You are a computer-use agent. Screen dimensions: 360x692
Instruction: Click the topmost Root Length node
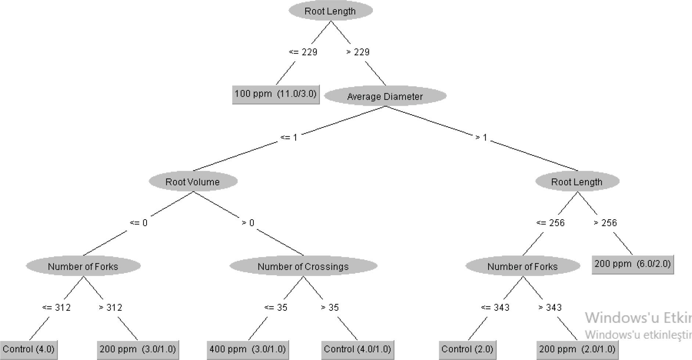(x=331, y=11)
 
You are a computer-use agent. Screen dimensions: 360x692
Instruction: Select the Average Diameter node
(x=385, y=96)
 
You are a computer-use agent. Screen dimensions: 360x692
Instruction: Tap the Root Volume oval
(x=193, y=181)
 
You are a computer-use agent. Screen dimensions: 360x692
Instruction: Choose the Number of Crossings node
(x=303, y=266)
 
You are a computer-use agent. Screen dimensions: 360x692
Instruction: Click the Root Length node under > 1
(x=577, y=181)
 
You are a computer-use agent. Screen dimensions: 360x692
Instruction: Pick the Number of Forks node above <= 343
(x=523, y=266)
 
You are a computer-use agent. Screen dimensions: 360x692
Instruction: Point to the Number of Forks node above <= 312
(x=83, y=266)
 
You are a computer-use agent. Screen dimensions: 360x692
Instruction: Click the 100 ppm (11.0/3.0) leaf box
(x=275, y=94)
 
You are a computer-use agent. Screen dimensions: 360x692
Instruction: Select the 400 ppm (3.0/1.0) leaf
(x=248, y=349)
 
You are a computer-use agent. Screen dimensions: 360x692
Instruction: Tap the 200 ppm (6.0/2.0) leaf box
(x=632, y=264)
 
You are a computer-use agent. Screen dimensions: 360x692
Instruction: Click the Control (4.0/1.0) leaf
(x=357, y=349)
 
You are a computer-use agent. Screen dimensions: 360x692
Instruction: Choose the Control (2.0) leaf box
(x=467, y=349)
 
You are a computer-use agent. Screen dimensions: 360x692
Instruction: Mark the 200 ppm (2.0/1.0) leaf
(x=577, y=349)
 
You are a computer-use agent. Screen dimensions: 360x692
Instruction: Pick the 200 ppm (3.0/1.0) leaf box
(x=138, y=349)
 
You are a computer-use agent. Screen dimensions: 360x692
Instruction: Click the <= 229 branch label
(x=303, y=52)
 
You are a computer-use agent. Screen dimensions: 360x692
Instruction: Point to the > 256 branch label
(x=605, y=223)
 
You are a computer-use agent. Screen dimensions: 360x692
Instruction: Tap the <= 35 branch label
(x=276, y=307)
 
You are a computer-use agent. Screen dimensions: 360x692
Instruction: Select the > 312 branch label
(x=111, y=307)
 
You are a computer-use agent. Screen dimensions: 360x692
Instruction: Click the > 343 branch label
(x=550, y=307)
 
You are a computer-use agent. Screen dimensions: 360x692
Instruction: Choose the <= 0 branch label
(x=139, y=223)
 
